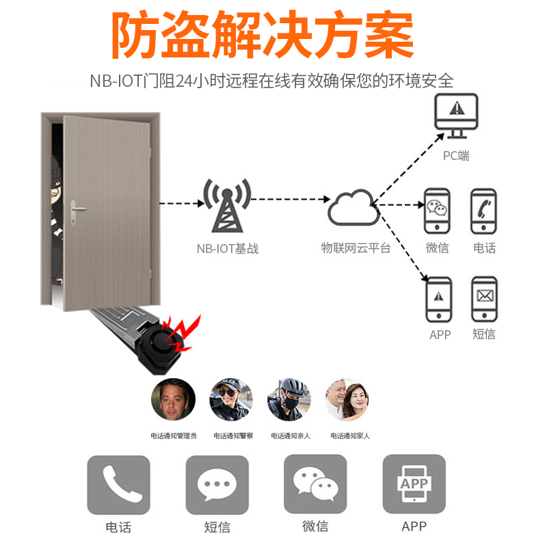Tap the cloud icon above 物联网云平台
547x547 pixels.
click(353, 207)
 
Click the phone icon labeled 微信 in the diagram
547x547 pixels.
click(438, 212)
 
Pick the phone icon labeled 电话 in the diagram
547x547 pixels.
click(483, 212)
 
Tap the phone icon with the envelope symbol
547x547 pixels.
click(483, 299)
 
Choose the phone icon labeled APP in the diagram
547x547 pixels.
click(438, 299)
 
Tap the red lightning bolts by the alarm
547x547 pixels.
click(186, 334)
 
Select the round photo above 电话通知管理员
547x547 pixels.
click(173, 400)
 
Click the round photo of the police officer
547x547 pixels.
click(230, 400)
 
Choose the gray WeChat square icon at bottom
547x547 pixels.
click(315, 485)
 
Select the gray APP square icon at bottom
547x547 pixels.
click(414, 485)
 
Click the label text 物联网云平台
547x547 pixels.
click(356, 248)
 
